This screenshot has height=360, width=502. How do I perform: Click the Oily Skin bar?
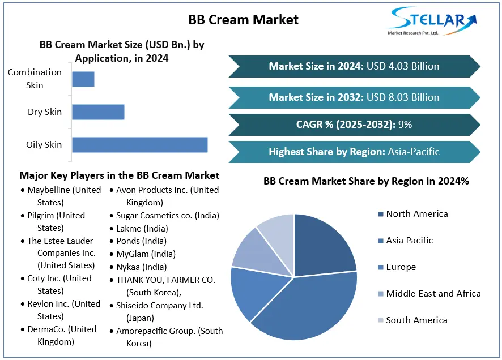(139, 144)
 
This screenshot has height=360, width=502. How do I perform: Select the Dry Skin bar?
(98, 112)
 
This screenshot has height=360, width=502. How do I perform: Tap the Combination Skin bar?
(83, 79)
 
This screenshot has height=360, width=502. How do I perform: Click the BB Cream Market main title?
(243, 19)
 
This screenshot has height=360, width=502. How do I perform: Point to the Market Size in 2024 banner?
(354, 66)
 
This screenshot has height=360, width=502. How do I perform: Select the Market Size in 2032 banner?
(354, 97)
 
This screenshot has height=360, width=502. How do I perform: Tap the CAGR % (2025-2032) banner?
(354, 125)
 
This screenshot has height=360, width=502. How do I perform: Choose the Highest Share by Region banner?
(354, 152)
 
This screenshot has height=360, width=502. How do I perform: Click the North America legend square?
(380, 214)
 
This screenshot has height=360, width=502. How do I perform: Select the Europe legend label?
(401, 267)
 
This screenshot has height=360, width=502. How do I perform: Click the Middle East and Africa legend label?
(433, 293)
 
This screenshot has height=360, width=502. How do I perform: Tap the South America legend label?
(417, 320)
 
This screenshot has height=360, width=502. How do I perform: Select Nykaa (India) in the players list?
(142, 267)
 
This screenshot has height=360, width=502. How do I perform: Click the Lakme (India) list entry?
(142, 228)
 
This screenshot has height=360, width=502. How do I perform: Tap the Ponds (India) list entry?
(142, 241)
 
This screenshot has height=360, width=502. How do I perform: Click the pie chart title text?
(366, 181)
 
